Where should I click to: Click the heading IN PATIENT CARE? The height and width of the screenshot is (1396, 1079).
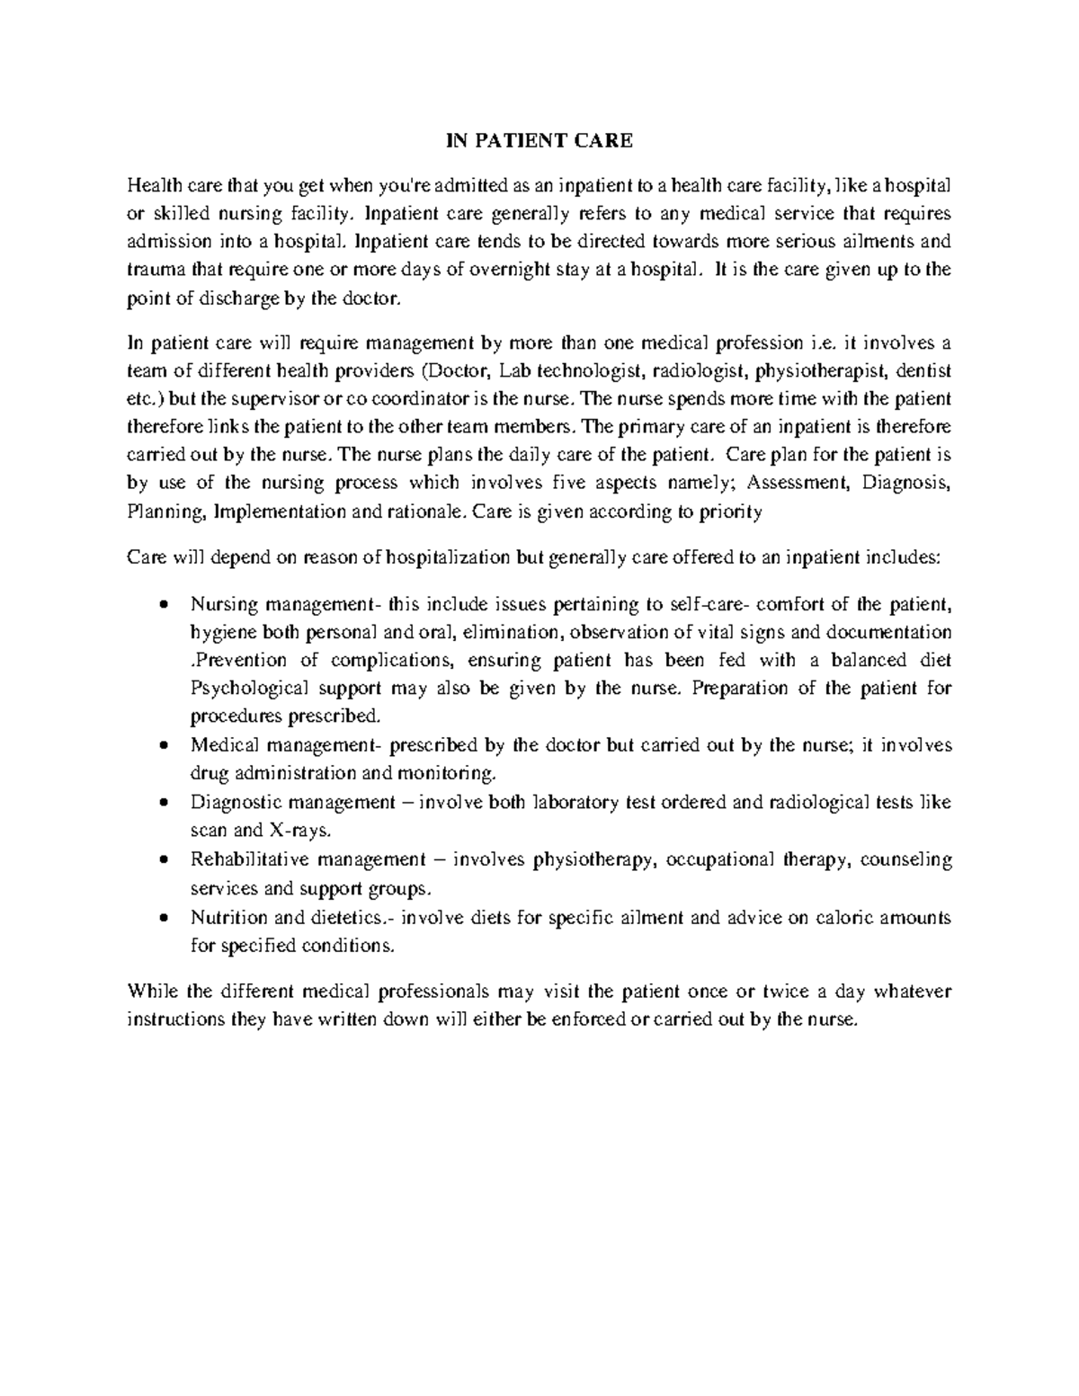click(x=541, y=140)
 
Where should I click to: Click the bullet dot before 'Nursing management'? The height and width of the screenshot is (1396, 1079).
click(x=163, y=604)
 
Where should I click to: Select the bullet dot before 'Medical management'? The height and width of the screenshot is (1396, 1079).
click(x=163, y=746)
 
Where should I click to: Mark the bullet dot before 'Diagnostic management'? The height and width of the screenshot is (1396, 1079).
click(x=163, y=803)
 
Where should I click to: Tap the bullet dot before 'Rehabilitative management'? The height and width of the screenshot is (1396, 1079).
click(x=163, y=860)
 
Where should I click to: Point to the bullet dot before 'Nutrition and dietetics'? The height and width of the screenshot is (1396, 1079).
click(x=163, y=918)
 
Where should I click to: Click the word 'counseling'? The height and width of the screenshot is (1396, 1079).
click(x=906, y=860)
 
